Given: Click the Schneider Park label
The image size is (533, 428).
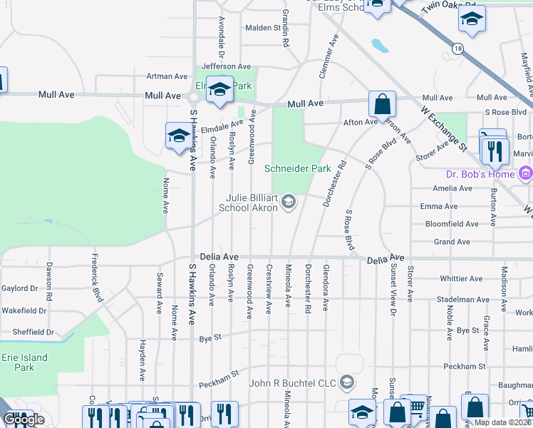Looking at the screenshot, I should [x=297, y=169].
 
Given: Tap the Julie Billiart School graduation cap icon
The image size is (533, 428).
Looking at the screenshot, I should [x=289, y=203].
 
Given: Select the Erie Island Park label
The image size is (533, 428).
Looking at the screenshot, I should [x=24, y=362].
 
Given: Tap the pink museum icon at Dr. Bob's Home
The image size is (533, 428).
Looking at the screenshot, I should [x=525, y=173].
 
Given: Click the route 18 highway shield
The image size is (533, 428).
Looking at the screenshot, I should [x=456, y=49].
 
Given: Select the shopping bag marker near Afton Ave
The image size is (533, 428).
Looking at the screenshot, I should [x=382, y=104].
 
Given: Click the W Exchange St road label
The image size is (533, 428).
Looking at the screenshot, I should [x=443, y=129].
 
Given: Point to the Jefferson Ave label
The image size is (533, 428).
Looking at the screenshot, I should [x=227, y=66].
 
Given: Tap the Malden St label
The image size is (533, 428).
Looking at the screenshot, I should [x=263, y=28].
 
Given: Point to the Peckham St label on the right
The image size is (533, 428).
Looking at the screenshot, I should [x=463, y=366].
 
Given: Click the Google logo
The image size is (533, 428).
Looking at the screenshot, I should [x=24, y=419].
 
